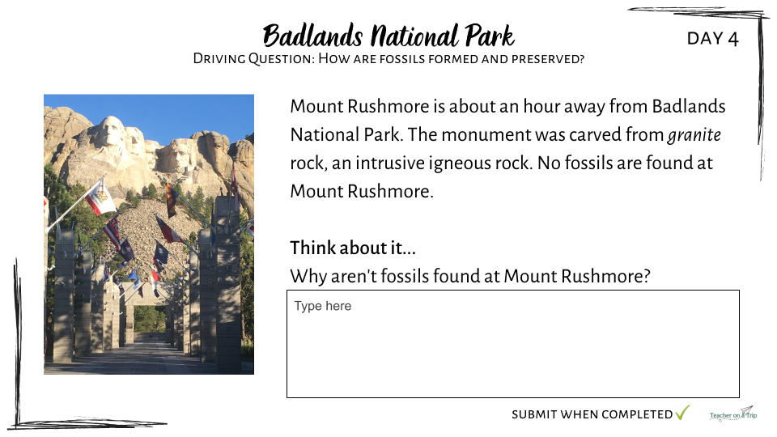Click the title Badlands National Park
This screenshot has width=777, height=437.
click(388, 35)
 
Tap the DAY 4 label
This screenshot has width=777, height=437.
click(712, 39)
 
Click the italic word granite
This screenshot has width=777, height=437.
click(694, 135)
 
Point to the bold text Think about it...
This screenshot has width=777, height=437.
click(353, 248)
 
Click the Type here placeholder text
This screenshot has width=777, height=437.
click(323, 306)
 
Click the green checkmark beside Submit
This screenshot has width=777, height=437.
click(682, 412)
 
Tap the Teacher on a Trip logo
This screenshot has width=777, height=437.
click(733, 414)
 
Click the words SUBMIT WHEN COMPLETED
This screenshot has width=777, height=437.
click(592, 414)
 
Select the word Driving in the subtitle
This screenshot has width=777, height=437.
click(219, 58)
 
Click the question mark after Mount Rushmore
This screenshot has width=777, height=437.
click(646, 276)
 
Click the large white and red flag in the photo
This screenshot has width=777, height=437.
click(100, 197)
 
